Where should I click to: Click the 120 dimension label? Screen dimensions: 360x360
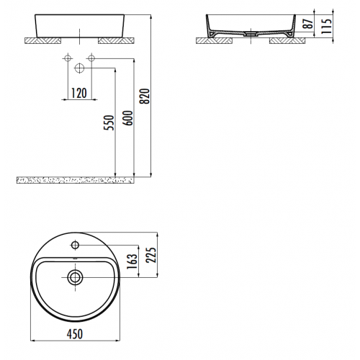click(x=79, y=92)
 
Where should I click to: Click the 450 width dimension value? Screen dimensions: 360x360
click(x=75, y=333)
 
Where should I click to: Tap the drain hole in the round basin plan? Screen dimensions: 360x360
click(x=75, y=276)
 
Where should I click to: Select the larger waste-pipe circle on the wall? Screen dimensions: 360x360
click(x=79, y=69)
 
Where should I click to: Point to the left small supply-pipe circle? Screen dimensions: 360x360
click(x=67, y=58)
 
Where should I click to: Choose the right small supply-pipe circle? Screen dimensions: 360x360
click(x=91, y=58)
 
